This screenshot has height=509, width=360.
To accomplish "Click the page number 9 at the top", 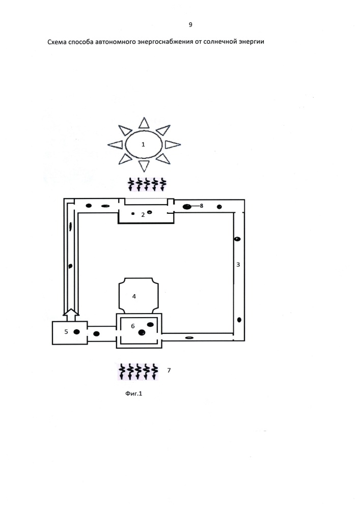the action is pos(190,24).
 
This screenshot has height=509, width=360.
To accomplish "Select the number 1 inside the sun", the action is pos(143,144).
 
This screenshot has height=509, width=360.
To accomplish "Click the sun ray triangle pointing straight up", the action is pos(144,123).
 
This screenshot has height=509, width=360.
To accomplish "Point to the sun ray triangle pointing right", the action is pos(173,145).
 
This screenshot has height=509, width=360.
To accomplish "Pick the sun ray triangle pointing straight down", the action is pos(144,165).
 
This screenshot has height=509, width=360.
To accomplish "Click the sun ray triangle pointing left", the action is pos(115,145).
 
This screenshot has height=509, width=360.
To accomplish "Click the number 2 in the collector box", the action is pos(143,215).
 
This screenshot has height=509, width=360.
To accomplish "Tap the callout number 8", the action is pos(202,206).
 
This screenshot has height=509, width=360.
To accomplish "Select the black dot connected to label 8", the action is pos(187,207).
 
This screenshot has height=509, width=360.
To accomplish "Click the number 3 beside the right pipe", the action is pos(238,265).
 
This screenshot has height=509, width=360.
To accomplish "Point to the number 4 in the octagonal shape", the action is pos(134,296).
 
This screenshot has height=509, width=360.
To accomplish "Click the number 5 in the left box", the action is pos(66,331).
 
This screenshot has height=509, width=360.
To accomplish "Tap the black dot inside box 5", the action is pos(76,332).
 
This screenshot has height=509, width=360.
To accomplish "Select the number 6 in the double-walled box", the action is pos(133,326).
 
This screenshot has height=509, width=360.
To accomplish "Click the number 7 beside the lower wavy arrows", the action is pos(169,370).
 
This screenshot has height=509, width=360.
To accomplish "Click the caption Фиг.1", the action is pos(134,393).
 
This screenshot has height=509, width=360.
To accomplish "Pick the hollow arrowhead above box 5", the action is pos(70,312).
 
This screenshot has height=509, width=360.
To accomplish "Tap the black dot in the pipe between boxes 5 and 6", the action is pos(97,334).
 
